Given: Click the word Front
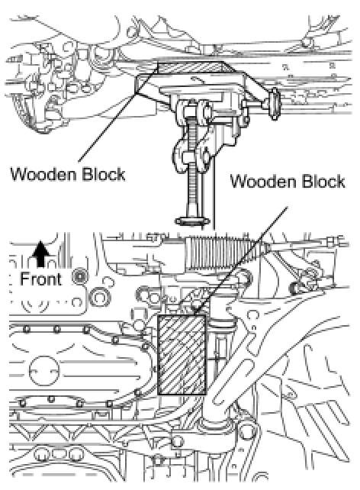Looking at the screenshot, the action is click(x=41, y=279).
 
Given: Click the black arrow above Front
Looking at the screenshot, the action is click(x=40, y=253).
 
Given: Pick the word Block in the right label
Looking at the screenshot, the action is click(x=323, y=181).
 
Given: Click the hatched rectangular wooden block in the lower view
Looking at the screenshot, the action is click(x=182, y=355).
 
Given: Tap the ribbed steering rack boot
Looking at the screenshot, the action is click(x=225, y=253).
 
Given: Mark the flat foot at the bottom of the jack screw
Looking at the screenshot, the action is click(x=192, y=221).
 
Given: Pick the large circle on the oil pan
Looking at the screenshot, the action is click(x=44, y=371).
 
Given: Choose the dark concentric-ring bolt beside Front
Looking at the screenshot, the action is click(x=79, y=276).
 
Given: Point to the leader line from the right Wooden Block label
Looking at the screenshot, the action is click(x=240, y=260).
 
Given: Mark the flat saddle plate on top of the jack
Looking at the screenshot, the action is click(x=191, y=82).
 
